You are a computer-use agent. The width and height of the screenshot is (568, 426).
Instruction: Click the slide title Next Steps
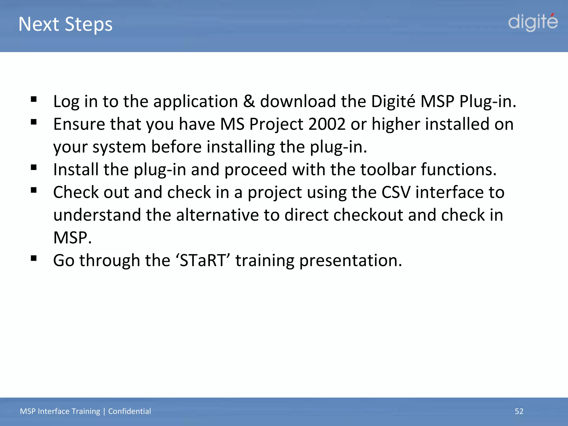[x=65, y=24]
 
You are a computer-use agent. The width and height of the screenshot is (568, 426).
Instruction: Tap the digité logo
[x=533, y=22]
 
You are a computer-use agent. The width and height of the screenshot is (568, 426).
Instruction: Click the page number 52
[x=519, y=411]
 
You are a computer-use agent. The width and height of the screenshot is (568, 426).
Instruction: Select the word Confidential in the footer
[x=130, y=411]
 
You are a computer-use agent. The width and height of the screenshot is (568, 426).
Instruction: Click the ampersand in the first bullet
[x=249, y=101]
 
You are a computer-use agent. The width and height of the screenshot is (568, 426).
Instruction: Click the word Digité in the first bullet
[x=393, y=101]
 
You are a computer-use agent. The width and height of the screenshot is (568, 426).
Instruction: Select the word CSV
[x=396, y=192]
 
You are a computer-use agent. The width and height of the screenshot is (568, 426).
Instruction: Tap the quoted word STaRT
[x=203, y=260]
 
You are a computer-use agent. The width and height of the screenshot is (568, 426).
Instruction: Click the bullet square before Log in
[x=34, y=99]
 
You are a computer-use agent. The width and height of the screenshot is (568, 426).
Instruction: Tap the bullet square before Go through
[x=34, y=258]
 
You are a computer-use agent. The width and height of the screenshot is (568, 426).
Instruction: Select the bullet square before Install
[x=34, y=168]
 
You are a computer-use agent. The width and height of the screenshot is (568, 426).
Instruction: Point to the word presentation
[x=351, y=260]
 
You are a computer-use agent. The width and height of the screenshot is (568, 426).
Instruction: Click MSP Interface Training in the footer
[x=60, y=411]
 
